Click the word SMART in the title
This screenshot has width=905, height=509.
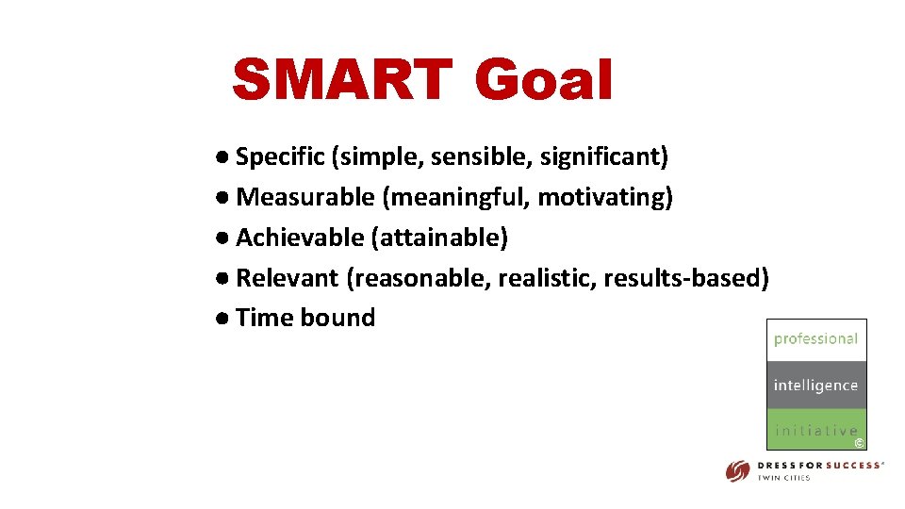click(340, 80)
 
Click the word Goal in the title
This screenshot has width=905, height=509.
click(544, 80)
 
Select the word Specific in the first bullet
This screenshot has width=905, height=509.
click(280, 156)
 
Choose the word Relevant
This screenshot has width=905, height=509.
click(287, 278)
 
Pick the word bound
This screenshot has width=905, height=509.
click(337, 318)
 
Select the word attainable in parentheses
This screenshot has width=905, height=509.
click(440, 238)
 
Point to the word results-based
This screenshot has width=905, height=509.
click(686, 278)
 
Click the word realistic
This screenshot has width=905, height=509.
click(546, 278)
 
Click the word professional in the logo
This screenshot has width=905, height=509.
click(815, 339)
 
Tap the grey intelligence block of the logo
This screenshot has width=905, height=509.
click(815, 386)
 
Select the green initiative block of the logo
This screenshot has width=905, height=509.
click(815, 430)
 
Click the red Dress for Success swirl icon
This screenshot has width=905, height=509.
click(737, 470)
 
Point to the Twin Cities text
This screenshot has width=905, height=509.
click(784, 478)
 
